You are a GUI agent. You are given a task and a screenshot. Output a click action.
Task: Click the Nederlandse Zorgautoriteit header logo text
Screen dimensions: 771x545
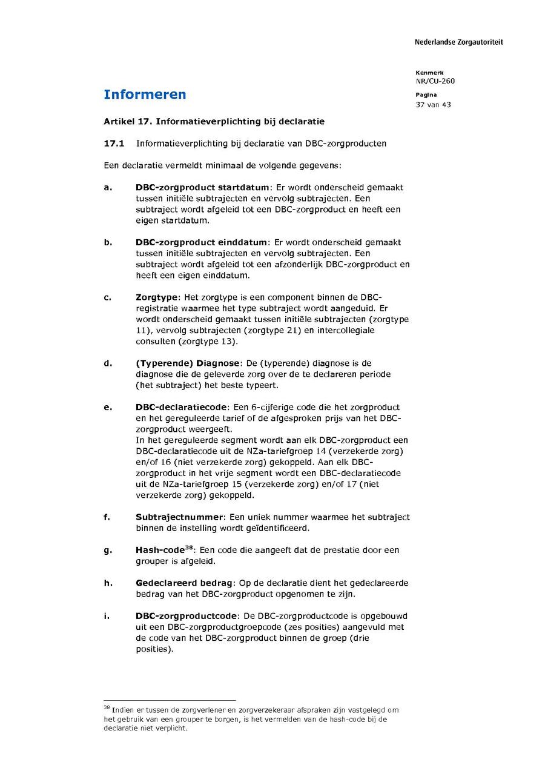point(458,42)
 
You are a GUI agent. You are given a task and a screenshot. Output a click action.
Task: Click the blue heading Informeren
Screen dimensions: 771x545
point(145,94)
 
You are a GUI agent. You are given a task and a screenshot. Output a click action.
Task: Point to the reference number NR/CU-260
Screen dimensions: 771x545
point(435,81)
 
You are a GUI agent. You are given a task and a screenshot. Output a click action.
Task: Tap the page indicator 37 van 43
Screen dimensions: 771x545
point(433,105)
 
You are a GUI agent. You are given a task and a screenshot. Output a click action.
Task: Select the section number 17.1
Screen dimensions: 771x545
point(114,144)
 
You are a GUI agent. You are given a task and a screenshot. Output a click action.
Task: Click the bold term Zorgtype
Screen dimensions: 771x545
point(157,297)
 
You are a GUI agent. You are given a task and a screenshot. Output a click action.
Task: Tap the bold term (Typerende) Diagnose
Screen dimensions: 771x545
point(188,363)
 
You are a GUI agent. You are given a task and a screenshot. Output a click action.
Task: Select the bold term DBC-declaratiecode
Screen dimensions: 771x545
point(181,408)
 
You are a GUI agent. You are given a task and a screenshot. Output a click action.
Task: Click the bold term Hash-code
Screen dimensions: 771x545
point(160,551)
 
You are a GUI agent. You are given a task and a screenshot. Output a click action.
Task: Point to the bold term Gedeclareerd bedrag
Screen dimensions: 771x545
point(183,583)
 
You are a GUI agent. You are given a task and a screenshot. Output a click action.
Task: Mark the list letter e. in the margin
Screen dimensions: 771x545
point(107,408)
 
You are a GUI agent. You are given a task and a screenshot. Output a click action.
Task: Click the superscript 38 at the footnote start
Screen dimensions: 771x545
point(107,707)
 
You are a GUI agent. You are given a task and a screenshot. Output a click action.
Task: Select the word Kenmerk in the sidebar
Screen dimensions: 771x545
point(429,73)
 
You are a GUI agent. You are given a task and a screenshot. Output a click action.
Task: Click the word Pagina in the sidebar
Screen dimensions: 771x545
point(426,95)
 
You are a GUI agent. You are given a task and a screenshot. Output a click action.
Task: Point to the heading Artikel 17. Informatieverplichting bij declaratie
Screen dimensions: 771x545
point(214,121)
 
